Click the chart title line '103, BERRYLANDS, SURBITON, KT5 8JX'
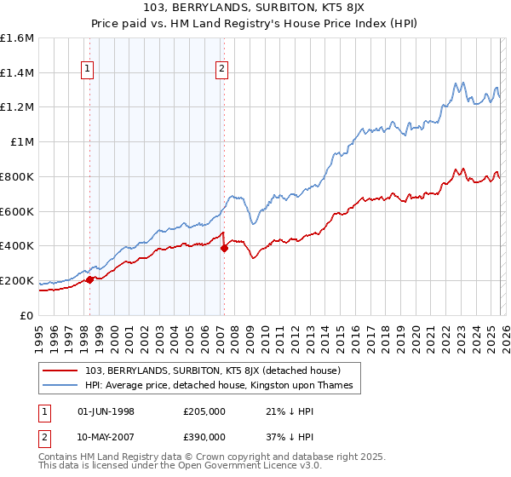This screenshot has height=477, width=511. tap(255, 8)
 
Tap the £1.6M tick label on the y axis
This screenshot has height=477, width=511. tap(17, 38)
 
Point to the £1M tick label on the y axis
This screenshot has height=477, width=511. tap(21, 142)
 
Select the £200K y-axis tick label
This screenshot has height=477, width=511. tap(17, 280)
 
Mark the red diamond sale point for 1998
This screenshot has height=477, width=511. tap(89, 279)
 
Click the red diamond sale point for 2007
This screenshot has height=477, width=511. tap(224, 248)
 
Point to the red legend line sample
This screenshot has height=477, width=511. tap(60, 371)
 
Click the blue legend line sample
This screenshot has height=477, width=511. tap(60, 386)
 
